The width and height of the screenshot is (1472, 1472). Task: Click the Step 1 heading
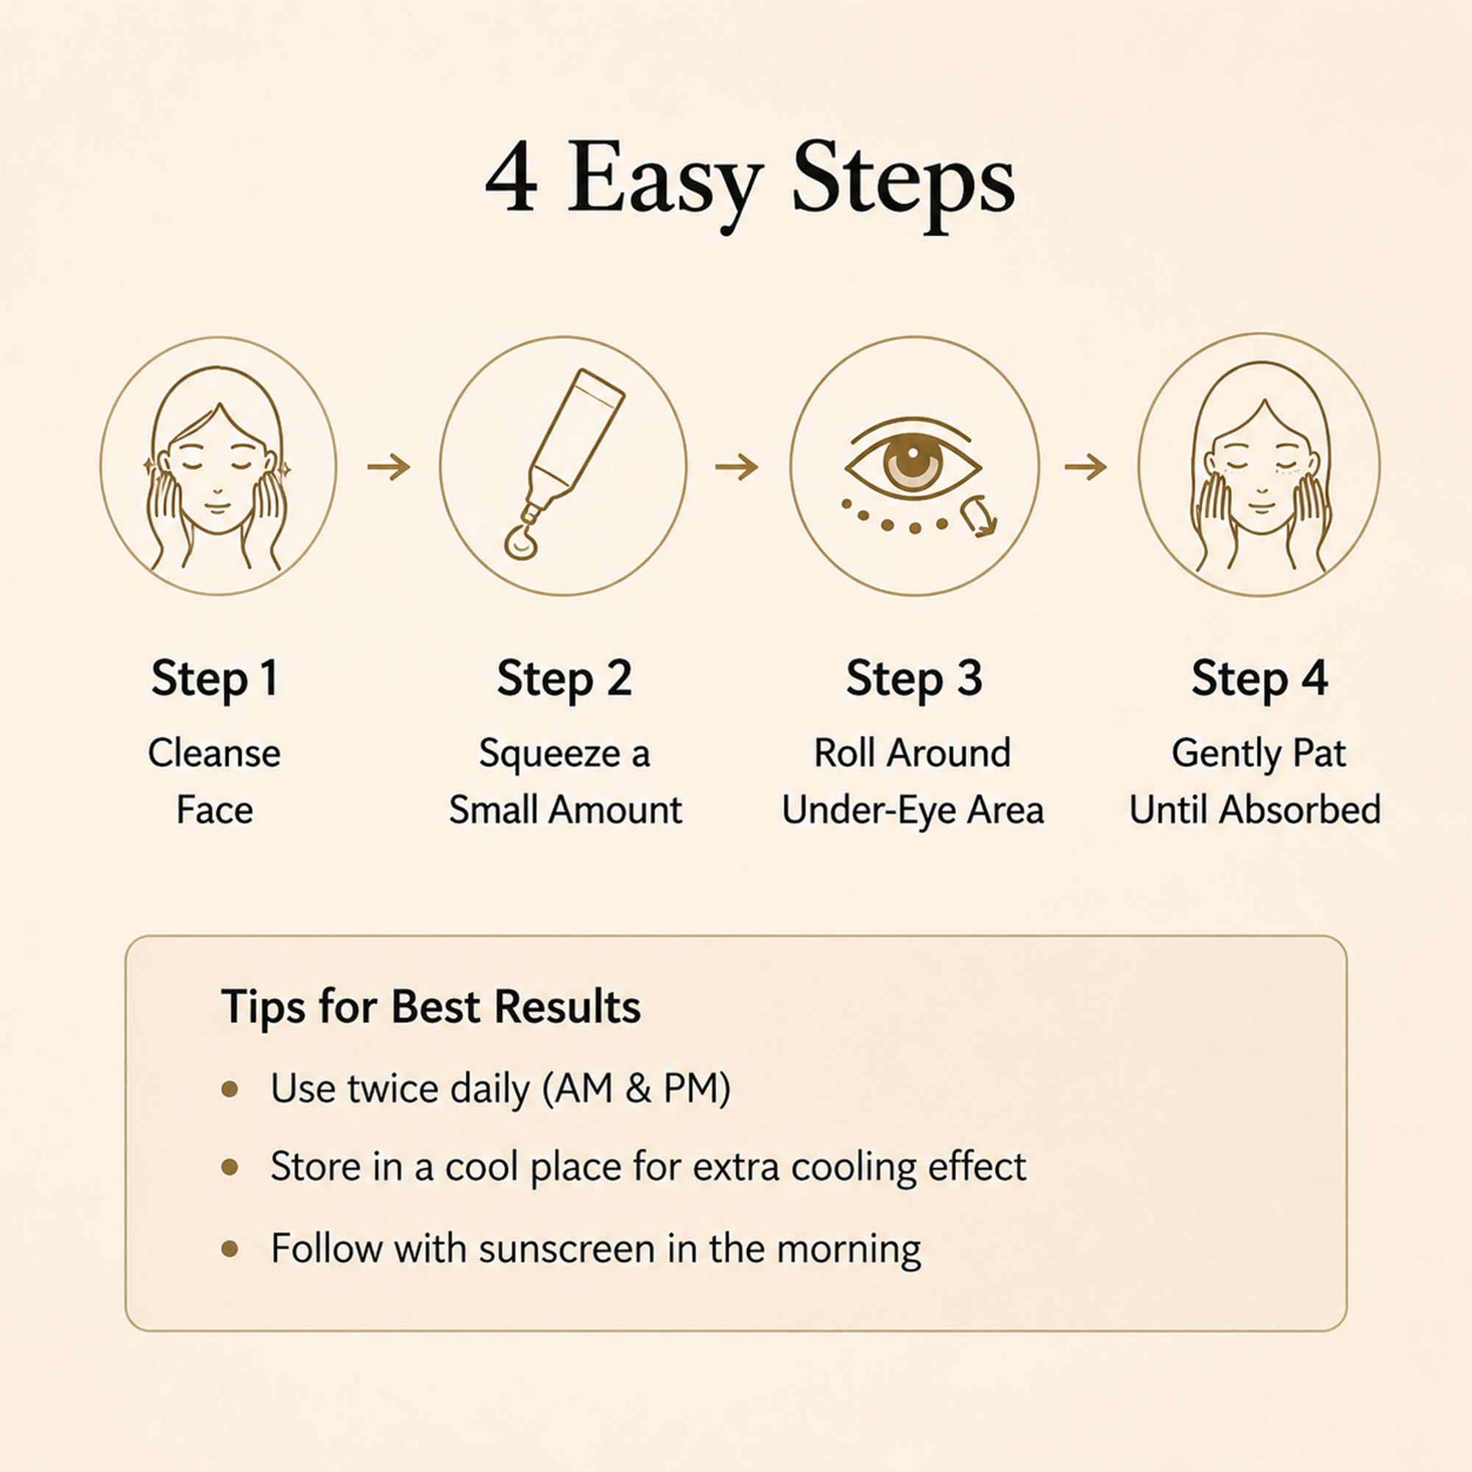coord(215,679)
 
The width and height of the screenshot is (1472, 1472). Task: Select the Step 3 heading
coord(913,679)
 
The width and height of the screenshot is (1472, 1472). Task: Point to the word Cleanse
coord(214,753)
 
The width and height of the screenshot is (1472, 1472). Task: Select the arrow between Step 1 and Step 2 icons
coord(389,467)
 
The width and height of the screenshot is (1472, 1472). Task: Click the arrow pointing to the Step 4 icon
coord(1086,467)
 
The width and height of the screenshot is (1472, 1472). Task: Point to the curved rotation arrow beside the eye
coord(978,515)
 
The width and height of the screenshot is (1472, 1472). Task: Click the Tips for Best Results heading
coord(431,1008)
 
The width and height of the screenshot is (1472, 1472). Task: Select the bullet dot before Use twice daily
coord(230,1090)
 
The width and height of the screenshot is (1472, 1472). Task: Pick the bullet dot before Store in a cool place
coord(230,1167)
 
